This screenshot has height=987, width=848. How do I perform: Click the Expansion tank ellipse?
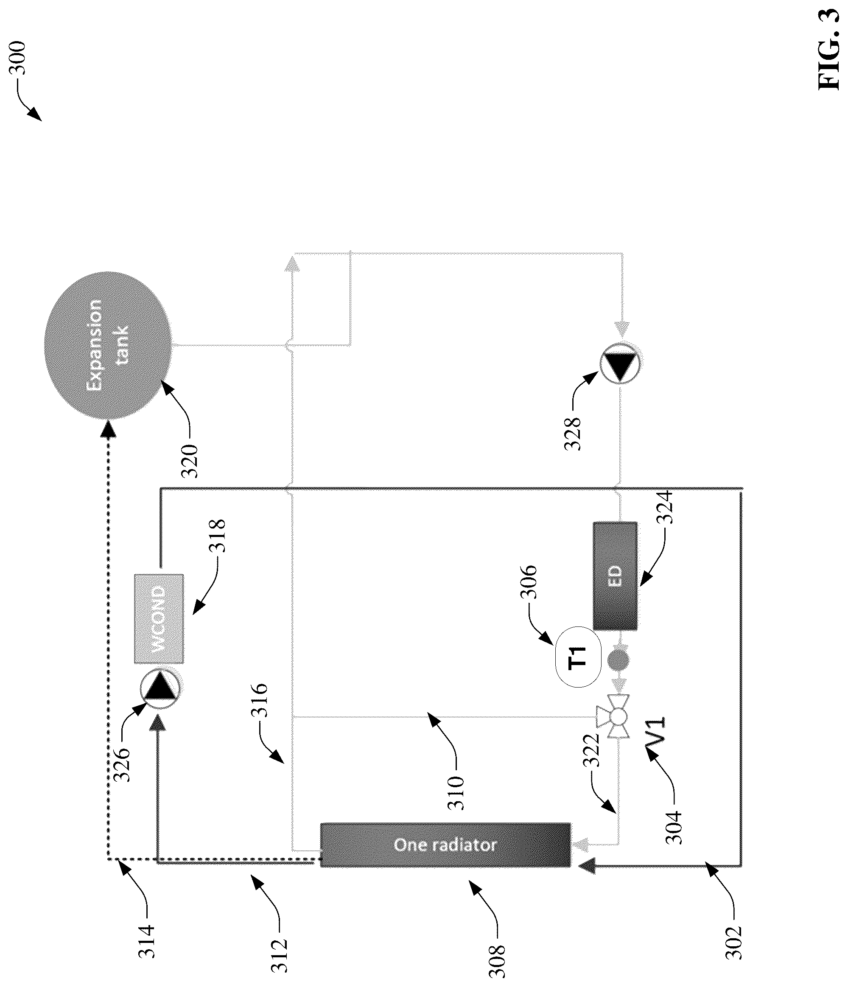click(x=108, y=345)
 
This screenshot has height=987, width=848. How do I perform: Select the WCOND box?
click(x=159, y=618)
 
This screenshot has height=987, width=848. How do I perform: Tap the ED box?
click(x=615, y=576)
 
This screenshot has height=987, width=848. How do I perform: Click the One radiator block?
click(x=445, y=844)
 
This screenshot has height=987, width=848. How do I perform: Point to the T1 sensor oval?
click(x=577, y=657)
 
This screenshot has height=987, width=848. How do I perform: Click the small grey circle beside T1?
click(x=619, y=660)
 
